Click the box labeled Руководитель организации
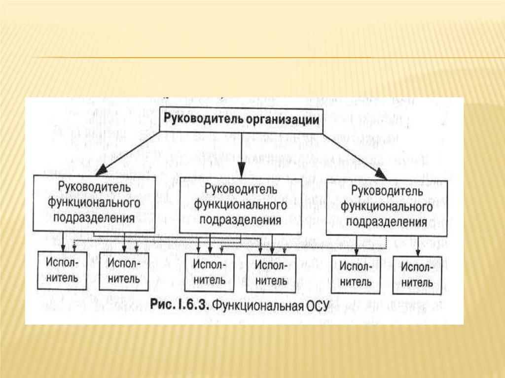click(241, 120)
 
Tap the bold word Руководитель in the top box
click(202, 120)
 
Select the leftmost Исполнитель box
click(62, 270)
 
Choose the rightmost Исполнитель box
click(417, 275)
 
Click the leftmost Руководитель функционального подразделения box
click(94, 203)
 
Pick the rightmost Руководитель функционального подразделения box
click(387, 207)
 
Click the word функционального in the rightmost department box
click(387, 207)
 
